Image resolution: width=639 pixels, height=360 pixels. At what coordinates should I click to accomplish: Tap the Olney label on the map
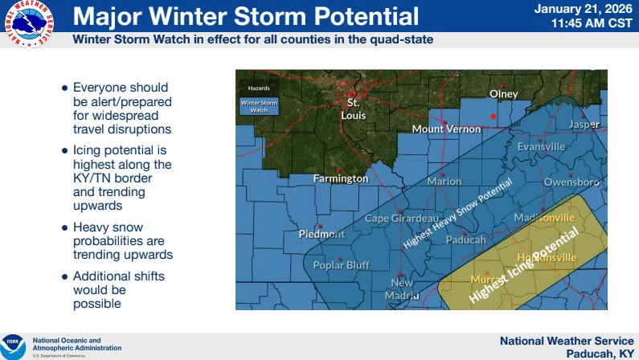click(x=504, y=94)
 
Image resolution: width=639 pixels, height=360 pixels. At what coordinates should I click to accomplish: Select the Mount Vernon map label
click(x=444, y=129)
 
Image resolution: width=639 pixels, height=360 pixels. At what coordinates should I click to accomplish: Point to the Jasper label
click(x=584, y=125)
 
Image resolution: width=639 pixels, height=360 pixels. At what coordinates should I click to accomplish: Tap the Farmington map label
click(x=340, y=178)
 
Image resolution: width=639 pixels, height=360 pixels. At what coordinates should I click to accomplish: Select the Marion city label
click(x=444, y=182)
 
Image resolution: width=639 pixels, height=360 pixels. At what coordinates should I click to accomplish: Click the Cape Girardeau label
click(x=401, y=219)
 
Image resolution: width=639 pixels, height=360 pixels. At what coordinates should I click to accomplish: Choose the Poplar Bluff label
click(x=341, y=264)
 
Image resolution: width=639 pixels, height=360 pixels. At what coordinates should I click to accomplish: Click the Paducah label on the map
click(x=465, y=239)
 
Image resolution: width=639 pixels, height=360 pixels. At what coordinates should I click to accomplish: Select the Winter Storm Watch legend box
click(x=258, y=106)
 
